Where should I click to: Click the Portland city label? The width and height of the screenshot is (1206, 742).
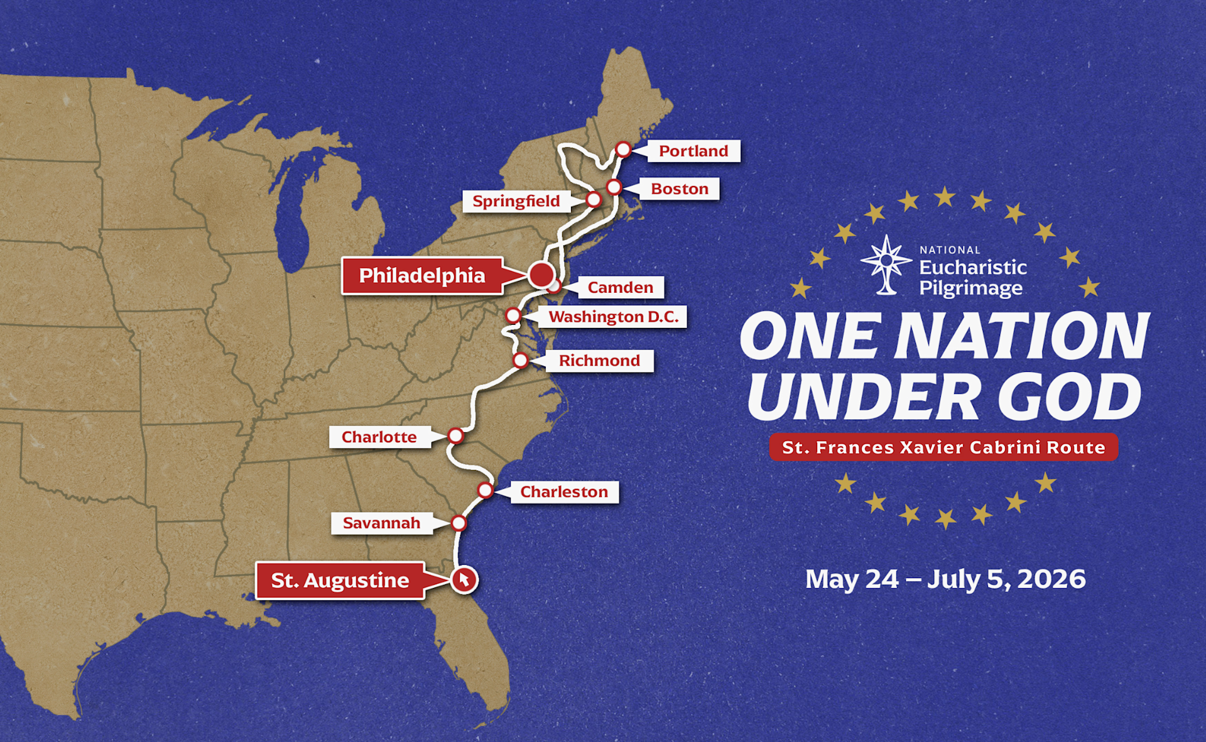693,151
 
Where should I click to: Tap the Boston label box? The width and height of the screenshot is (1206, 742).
680,188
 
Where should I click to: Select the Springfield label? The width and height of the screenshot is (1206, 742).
516,201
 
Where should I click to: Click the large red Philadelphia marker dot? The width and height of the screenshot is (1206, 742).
541,275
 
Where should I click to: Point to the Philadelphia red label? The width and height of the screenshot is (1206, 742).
422,275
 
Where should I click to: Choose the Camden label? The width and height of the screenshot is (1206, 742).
620,287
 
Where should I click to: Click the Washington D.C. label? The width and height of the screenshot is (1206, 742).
613,317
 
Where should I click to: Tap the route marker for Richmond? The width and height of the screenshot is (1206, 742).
520,360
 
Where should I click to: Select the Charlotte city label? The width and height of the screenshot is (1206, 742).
379,437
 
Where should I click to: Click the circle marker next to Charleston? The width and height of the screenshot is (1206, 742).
485,489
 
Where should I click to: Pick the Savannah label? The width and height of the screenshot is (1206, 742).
381,523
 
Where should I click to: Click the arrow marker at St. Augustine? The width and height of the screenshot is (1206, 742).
464,579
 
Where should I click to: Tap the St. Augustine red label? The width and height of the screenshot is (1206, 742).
340,580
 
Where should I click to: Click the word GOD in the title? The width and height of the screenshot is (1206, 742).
1069,397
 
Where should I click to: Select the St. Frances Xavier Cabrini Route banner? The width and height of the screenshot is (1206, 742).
943,447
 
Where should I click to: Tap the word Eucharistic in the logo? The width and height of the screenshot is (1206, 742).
973,268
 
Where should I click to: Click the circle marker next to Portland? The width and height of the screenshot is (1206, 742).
623,150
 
